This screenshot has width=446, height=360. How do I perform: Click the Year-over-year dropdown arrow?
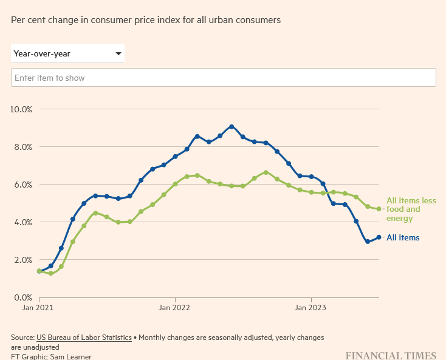click(x=118, y=53)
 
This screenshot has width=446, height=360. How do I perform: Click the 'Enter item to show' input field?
click(x=223, y=78)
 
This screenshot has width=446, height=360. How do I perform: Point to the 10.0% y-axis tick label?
click(x=21, y=109)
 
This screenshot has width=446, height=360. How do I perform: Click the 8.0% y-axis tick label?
click(x=22, y=147)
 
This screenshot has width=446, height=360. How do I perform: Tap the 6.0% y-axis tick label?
click(x=22, y=185)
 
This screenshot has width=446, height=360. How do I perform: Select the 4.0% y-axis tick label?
click(x=22, y=222)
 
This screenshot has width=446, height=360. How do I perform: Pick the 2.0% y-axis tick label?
click(x=22, y=260)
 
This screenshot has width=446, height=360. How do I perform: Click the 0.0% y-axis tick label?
click(x=22, y=297)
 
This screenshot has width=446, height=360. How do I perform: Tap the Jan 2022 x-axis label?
click(x=175, y=308)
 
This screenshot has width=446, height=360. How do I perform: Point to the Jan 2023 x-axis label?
click(x=311, y=308)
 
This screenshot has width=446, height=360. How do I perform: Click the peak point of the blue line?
click(x=232, y=126)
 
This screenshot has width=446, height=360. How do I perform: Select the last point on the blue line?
click(x=379, y=237)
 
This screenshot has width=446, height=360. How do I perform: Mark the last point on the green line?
click(x=379, y=209)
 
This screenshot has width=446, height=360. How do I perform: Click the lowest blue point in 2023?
click(x=368, y=242)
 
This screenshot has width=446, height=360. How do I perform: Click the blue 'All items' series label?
click(x=403, y=237)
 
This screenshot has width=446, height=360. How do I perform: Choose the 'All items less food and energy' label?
click(x=411, y=209)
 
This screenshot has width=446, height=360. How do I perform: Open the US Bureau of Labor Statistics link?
click(x=84, y=338)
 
